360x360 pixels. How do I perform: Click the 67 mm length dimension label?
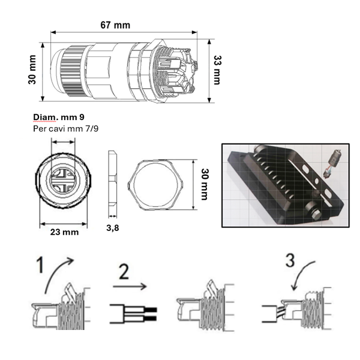click(115, 25)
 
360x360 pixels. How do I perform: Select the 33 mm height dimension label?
click(217, 70)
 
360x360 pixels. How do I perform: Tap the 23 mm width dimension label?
click(65, 232)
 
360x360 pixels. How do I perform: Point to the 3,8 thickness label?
click(113, 228)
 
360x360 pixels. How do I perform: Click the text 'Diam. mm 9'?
click(59, 117)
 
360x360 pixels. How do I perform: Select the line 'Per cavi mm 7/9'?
click(65, 128)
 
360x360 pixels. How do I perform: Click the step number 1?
click(40, 265)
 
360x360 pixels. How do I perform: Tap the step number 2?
click(124, 271)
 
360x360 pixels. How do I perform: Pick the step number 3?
click(290, 260)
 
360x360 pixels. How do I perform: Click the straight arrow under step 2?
click(130, 286)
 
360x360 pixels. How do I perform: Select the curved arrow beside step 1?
click(59, 275)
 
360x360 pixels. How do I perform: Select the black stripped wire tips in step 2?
click(151, 314)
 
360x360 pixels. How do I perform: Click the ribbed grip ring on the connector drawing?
click(73, 71)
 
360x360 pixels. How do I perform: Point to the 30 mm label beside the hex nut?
click(205, 184)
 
